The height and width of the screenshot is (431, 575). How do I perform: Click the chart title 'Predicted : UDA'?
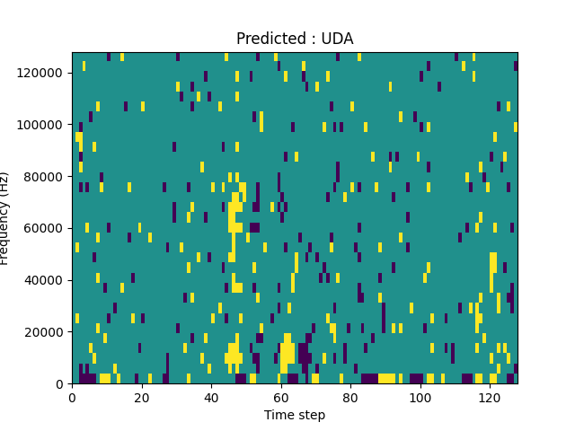point(295,39)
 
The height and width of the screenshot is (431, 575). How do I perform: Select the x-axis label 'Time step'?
point(295,415)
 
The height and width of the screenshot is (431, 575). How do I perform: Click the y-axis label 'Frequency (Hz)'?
point(4,218)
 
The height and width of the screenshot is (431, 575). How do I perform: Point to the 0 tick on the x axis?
point(72,397)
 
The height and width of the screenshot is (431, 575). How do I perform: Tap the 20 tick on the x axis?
point(141,397)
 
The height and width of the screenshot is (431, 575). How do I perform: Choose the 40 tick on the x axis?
point(211,397)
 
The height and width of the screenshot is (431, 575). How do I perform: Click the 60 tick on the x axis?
point(280,397)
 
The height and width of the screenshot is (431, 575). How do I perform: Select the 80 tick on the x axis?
point(350,397)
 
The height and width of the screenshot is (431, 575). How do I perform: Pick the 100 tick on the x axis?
point(420,397)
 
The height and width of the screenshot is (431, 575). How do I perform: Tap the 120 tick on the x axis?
point(490,397)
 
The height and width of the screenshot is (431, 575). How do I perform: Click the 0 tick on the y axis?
point(60,384)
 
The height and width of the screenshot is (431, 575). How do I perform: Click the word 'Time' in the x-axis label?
point(279,415)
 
